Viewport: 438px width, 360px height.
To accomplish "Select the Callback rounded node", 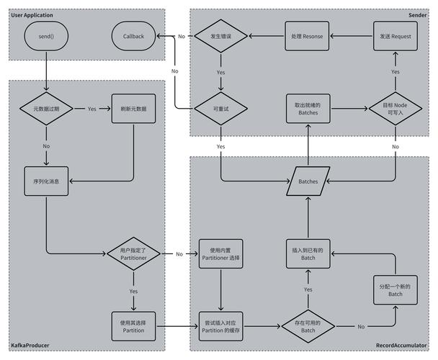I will (134, 36).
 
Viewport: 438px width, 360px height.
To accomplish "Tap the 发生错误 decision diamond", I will (220, 36).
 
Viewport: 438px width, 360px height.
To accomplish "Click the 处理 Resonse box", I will (308, 36).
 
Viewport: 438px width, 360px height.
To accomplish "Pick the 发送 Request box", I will (395, 36).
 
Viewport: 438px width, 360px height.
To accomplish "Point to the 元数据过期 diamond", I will (47, 109).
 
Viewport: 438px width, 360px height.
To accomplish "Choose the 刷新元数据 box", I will (134, 109).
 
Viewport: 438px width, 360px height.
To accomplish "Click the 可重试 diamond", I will (220, 109).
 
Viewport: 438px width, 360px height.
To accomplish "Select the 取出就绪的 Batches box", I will (308, 109).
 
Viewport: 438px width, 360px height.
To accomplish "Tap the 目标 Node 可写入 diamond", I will (395, 109).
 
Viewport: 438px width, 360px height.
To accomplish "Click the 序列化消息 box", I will (47, 181).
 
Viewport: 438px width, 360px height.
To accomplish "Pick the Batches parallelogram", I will (308, 181).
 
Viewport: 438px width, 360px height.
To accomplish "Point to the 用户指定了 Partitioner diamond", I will (134, 253).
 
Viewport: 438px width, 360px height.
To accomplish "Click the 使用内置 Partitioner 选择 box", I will (220, 253).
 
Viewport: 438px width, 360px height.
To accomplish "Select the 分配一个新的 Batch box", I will (395, 290).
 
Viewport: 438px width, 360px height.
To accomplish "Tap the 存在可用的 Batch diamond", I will (308, 326).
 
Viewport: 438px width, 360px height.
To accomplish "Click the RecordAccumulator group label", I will (401, 346).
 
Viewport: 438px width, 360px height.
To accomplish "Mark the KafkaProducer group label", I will (30, 346).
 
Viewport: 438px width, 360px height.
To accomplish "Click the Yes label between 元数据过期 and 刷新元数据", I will (92, 109).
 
